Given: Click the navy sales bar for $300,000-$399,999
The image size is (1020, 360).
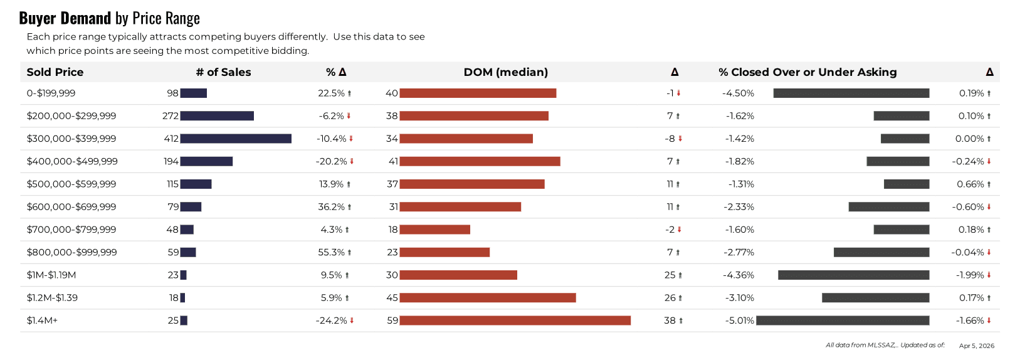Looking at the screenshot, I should click(x=236, y=139).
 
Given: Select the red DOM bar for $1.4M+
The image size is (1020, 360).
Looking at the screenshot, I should click(x=515, y=320).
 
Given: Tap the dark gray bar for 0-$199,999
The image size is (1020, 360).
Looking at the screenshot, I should click(x=851, y=93).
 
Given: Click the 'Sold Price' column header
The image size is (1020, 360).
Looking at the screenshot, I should click(x=55, y=72).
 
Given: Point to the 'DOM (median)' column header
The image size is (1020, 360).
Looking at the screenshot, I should click(x=505, y=72).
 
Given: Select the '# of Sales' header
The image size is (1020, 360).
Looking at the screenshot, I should click(x=223, y=72).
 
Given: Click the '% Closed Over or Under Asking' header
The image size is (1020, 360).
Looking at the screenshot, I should click(x=807, y=72).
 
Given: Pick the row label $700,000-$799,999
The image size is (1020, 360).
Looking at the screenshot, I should click(x=71, y=230).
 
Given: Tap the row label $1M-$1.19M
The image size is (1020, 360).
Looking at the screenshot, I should click(x=51, y=275).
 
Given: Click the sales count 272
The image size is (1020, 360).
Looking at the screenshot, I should click(x=171, y=116).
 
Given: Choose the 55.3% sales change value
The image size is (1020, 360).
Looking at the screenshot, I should click(x=332, y=252).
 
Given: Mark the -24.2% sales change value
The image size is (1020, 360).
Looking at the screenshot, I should click(x=332, y=320).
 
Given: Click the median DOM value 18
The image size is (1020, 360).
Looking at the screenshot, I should click(x=393, y=230).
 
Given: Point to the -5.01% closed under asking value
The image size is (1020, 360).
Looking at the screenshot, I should click(x=740, y=320).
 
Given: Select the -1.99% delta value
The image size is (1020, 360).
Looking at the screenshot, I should click(x=970, y=275).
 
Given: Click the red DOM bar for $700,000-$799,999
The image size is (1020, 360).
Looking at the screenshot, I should click(x=434, y=230).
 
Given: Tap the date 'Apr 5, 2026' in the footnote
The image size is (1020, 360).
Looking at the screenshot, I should click(x=976, y=346).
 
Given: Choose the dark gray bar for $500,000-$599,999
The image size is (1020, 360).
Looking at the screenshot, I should click(x=907, y=184).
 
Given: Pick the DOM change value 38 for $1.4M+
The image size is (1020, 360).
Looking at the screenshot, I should click(x=670, y=320).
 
